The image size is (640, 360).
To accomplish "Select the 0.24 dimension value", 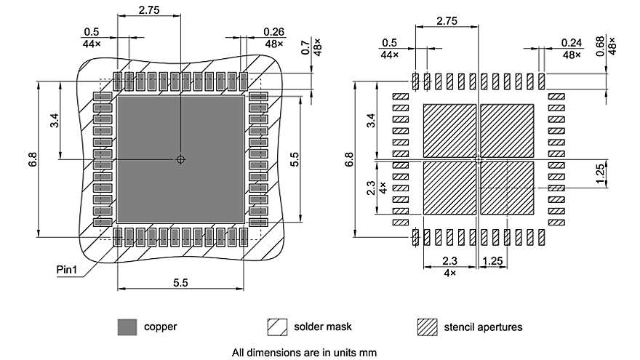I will pos(572,43).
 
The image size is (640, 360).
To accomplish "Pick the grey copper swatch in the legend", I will pos(127,327).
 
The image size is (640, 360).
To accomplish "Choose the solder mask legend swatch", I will pos(277,327).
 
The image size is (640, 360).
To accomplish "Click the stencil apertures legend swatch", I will pos(427,327).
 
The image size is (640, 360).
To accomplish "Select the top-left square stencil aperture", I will pos(449,129).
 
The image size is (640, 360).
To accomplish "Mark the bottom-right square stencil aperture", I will pos(507,188).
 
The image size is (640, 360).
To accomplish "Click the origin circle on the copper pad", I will pos(180,159).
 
